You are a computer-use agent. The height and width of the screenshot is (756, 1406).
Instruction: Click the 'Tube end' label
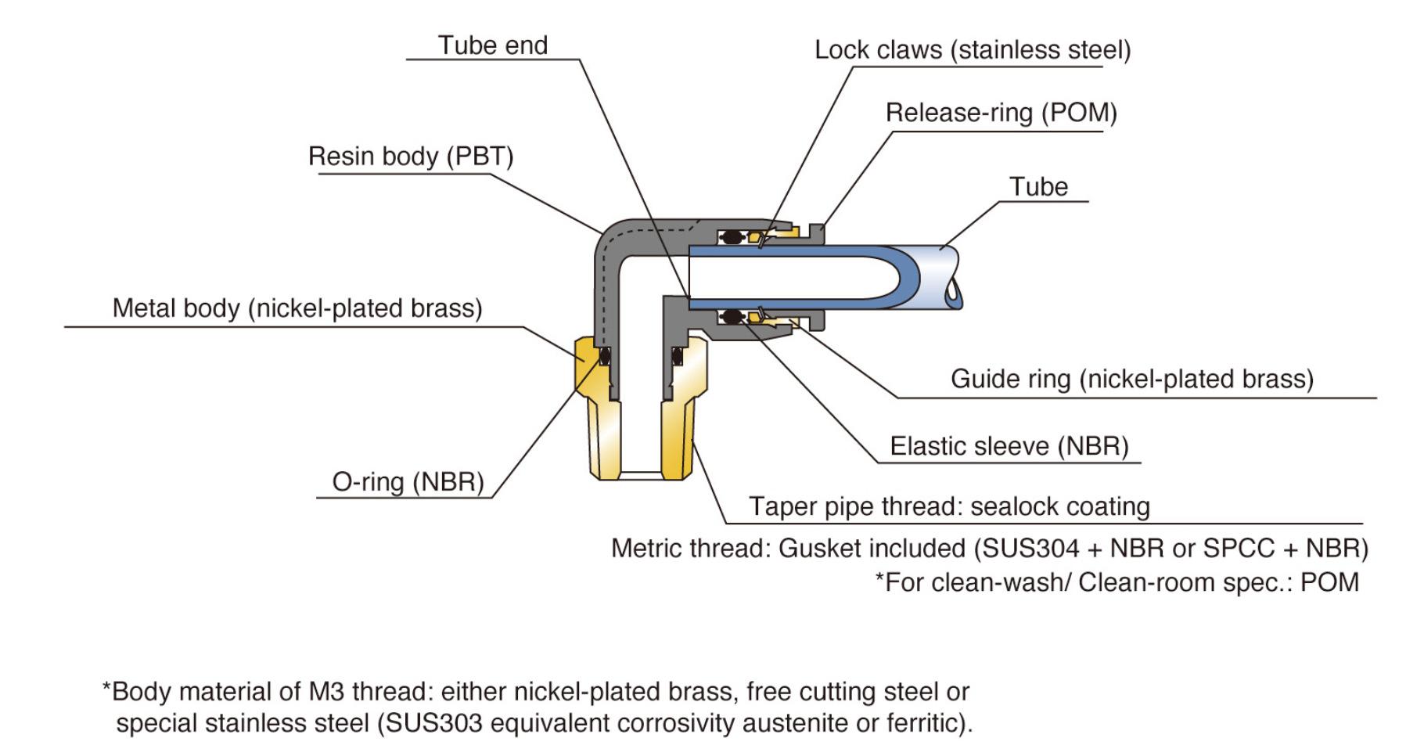(x=492, y=45)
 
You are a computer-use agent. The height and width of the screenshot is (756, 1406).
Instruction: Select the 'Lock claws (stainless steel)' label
(x=973, y=50)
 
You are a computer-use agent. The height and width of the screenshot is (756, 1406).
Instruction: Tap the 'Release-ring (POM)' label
(x=1001, y=113)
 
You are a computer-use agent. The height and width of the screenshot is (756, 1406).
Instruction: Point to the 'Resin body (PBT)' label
(x=411, y=157)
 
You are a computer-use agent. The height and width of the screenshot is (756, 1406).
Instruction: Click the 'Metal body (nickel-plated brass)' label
(x=297, y=308)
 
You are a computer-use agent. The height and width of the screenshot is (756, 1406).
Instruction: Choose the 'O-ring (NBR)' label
(x=408, y=481)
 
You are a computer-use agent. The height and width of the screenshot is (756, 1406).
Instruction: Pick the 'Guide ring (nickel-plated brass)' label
(x=1132, y=379)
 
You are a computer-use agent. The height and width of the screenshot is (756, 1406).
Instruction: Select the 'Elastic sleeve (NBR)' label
(x=1009, y=446)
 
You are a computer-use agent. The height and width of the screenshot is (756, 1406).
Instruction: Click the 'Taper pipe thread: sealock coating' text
(x=949, y=506)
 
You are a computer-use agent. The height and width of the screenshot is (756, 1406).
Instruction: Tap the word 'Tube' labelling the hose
(x=1038, y=187)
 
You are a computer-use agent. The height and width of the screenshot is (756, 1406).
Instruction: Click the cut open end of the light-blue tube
(x=948, y=279)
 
